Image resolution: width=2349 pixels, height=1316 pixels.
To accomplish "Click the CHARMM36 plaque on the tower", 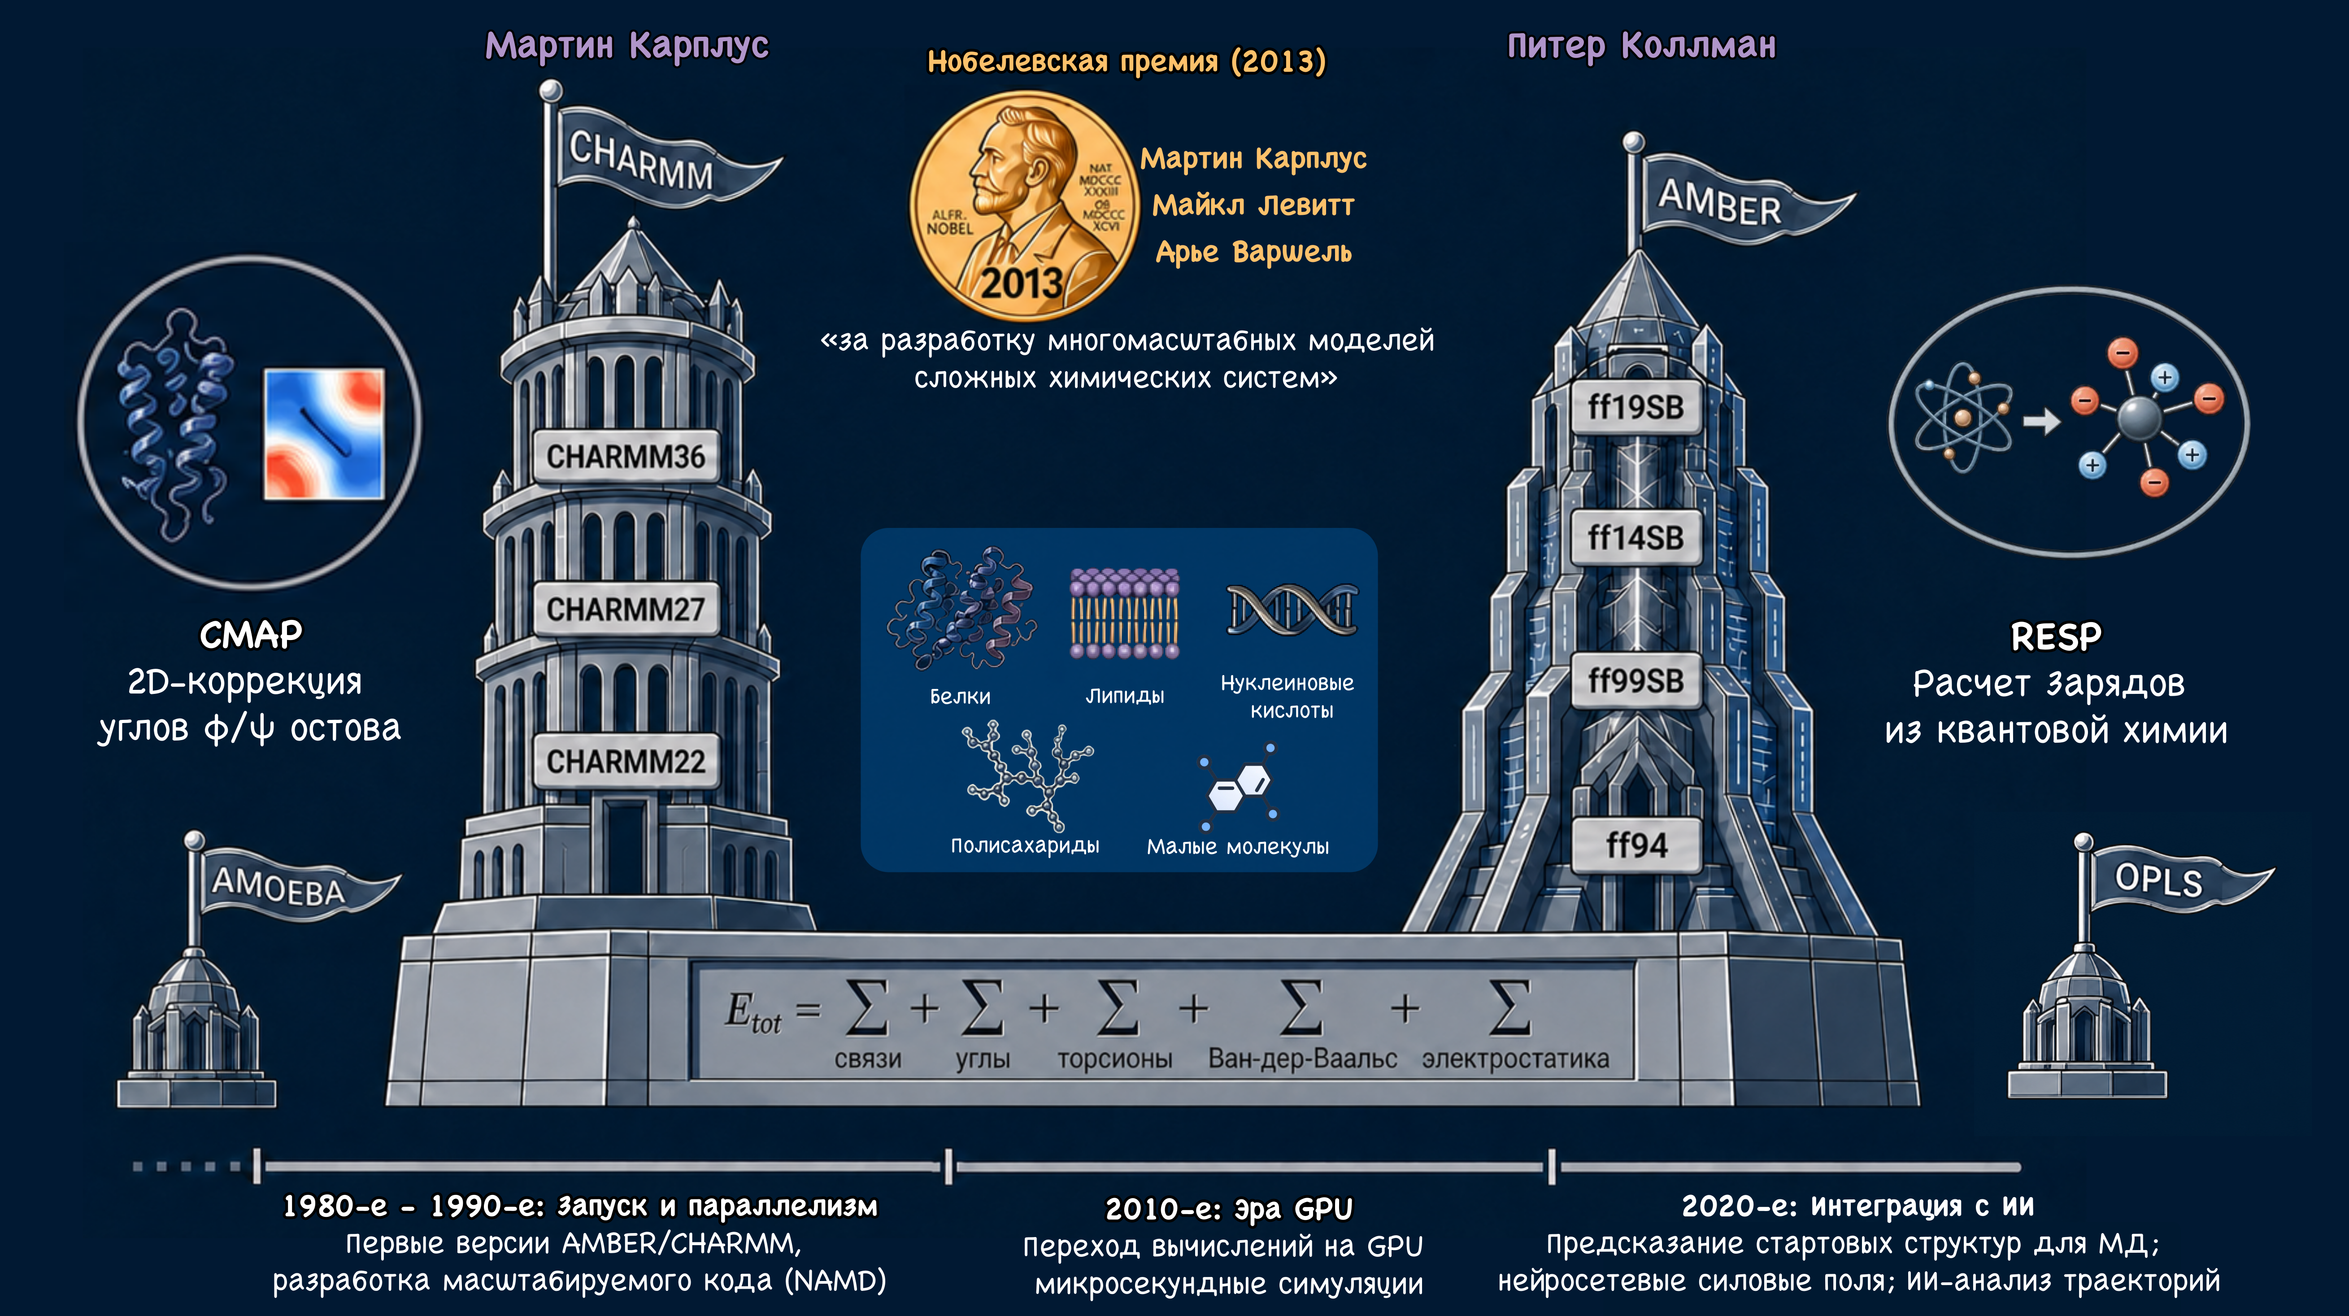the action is (626, 456).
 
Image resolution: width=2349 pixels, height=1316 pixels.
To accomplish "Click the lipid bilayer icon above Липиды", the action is (1124, 613).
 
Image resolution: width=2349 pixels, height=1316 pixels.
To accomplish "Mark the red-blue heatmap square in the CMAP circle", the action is (324, 434).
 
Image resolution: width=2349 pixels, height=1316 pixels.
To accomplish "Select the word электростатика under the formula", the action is (1515, 1059).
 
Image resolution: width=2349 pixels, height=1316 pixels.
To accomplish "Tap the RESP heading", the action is (2056, 636).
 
